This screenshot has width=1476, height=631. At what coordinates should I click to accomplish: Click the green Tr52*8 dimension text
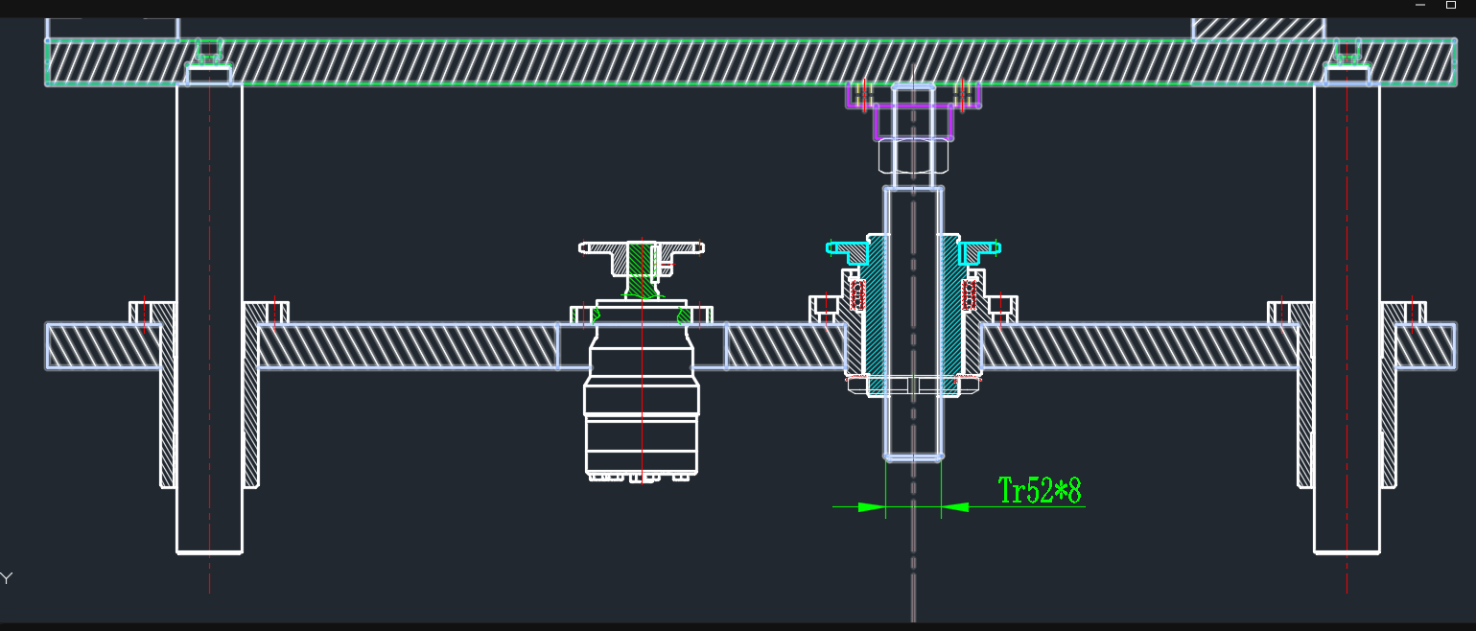(x=1040, y=490)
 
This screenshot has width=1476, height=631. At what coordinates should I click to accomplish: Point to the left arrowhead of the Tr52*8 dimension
(x=871, y=506)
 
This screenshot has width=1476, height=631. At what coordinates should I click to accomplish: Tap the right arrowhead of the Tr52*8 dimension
(x=955, y=506)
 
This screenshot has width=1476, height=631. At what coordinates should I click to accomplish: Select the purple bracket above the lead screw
(x=913, y=123)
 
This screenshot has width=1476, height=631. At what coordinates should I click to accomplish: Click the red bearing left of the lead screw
(x=857, y=294)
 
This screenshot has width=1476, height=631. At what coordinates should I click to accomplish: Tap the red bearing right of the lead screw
(x=970, y=294)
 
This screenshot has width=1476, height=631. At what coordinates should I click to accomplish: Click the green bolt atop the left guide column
(x=208, y=50)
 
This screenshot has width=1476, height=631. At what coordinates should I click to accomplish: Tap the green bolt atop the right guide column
(x=1347, y=50)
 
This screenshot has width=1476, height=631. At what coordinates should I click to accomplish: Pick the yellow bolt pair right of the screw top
(x=964, y=94)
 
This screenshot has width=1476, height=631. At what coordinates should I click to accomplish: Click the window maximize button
(x=1451, y=5)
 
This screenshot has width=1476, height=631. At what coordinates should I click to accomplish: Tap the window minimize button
(x=1420, y=5)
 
